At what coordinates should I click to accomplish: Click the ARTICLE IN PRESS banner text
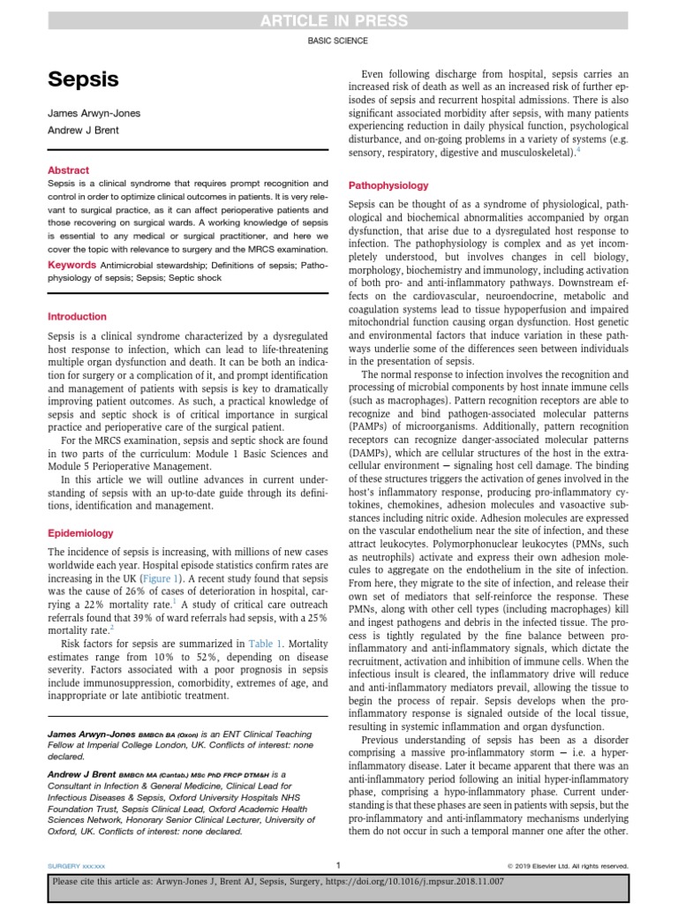[338, 20]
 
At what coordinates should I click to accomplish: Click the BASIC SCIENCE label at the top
[338, 41]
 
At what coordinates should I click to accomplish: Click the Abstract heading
[68, 170]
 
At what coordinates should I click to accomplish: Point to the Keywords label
[72, 265]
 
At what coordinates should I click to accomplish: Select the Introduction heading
[77, 316]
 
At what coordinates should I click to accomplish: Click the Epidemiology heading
[80, 533]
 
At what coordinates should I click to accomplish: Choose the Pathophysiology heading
[389, 185]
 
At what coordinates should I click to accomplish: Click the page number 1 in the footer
[338, 865]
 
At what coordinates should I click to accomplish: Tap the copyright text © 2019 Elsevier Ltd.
[567, 865]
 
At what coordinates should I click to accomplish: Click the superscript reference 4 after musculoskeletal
[578, 151]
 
